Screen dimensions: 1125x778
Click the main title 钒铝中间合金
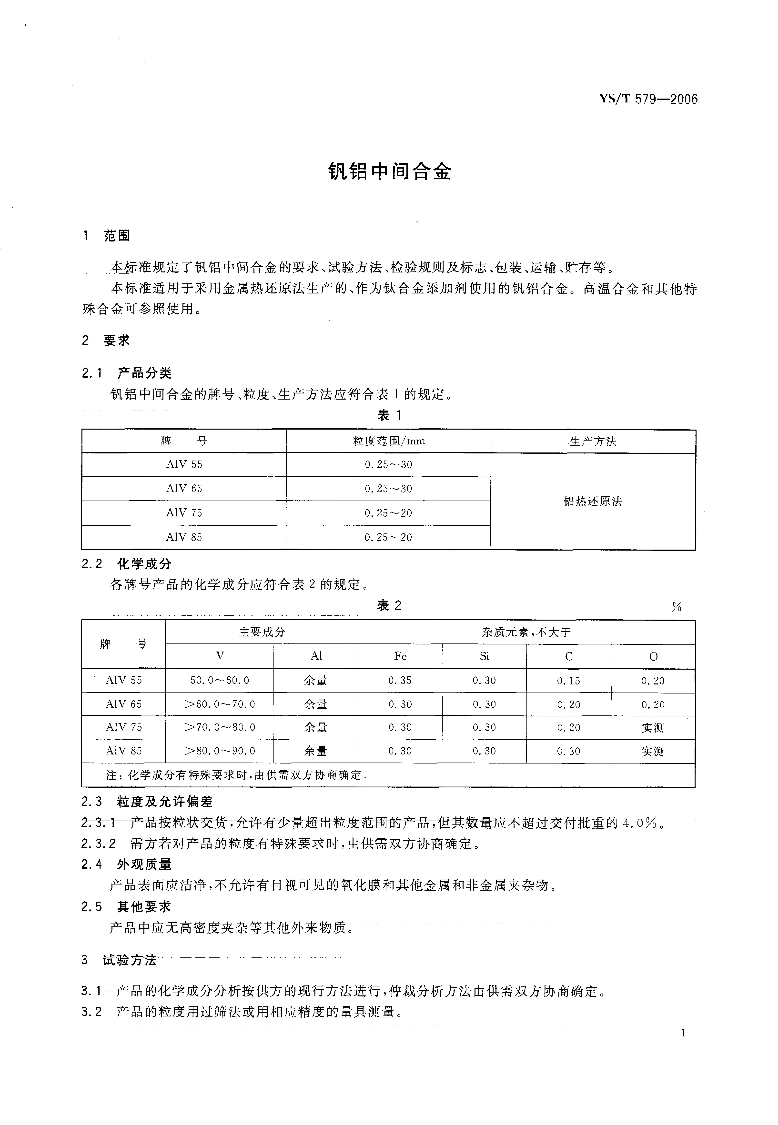click(x=390, y=172)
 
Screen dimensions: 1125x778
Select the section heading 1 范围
click(x=107, y=236)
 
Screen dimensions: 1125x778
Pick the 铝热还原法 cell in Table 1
click(x=593, y=502)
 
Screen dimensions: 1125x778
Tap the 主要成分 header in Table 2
click(x=262, y=632)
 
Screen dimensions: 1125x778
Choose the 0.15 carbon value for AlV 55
click(x=568, y=681)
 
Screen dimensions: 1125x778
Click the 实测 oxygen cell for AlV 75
click(x=653, y=728)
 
